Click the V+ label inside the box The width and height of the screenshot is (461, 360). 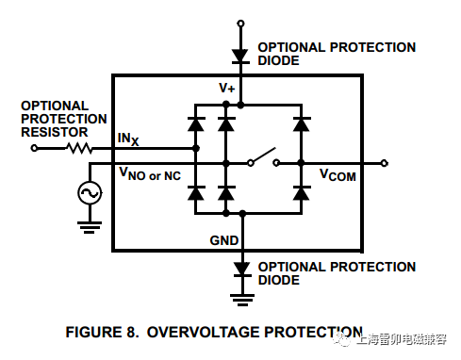[227, 88]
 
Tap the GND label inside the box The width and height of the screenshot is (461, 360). [225, 241]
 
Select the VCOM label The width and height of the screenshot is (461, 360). [338, 175]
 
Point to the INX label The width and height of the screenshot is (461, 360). [128, 139]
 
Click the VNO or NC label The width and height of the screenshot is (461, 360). [150, 174]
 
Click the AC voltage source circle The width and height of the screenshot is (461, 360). [91, 193]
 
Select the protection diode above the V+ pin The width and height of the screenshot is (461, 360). [240, 56]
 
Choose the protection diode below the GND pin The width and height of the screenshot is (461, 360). [240, 270]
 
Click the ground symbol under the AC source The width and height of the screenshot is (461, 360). [91, 226]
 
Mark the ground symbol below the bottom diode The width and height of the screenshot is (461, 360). [240, 301]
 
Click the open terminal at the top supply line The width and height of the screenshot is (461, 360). [240, 23]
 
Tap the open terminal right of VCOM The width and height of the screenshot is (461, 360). [385, 162]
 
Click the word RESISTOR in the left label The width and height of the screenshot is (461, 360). [50, 132]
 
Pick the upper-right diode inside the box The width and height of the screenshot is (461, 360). [301, 123]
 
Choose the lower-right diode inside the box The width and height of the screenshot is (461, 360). [301, 193]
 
